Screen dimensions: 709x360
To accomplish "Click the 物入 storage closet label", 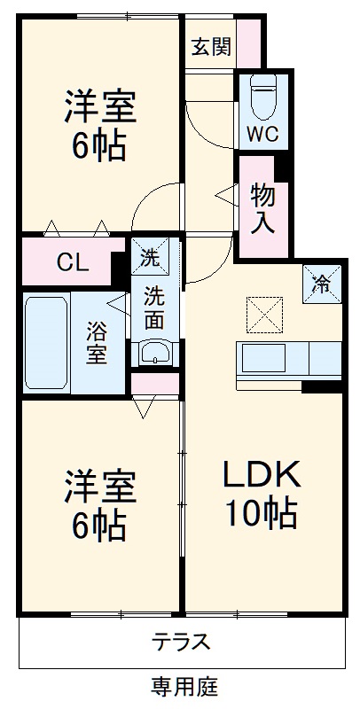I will click(x=262, y=207).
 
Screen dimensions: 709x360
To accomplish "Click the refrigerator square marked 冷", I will click(x=323, y=284).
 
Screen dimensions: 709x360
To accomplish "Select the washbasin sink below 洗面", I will click(x=156, y=352).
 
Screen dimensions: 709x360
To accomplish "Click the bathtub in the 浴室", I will click(x=46, y=341).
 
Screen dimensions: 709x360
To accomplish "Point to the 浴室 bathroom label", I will click(x=97, y=343).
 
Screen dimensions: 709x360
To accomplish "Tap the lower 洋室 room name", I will click(x=98, y=487).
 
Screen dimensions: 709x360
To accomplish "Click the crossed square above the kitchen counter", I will click(x=261, y=313).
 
